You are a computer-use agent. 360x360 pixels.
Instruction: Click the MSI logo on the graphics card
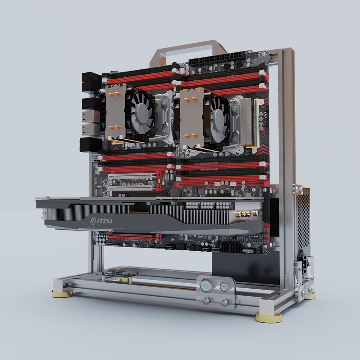tap(101, 220)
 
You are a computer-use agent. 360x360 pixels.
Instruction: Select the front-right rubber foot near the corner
tap(269, 317)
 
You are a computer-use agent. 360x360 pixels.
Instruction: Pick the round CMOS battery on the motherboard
tap(175, 192)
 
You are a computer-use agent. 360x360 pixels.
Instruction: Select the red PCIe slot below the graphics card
tap(133, 237)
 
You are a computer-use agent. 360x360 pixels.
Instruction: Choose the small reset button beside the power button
tap(224, 287)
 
